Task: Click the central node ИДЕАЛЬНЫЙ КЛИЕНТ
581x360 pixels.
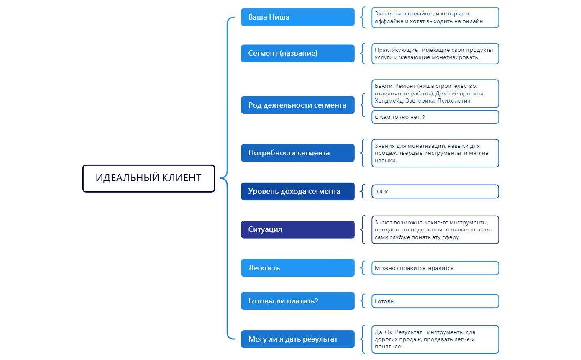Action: click(148, 178)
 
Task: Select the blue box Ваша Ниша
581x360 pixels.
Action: click(297, 17)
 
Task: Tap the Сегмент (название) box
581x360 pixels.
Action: click(297, 53)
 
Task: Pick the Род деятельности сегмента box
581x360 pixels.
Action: click(297, 105)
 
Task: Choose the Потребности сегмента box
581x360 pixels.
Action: click(297, 153)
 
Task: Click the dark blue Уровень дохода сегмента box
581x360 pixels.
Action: click(297, 191)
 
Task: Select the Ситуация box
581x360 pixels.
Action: click(297, 229)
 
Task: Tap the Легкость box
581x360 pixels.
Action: click(297, 268)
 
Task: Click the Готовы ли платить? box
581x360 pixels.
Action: click(297, 301)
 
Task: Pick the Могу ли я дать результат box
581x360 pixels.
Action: click(297, 339)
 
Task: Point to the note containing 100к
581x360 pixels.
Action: click(435, 191)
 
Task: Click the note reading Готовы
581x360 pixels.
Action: click(435, 301)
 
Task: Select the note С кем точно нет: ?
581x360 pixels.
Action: click(435, 117)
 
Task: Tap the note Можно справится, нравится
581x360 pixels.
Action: click(435, 268)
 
